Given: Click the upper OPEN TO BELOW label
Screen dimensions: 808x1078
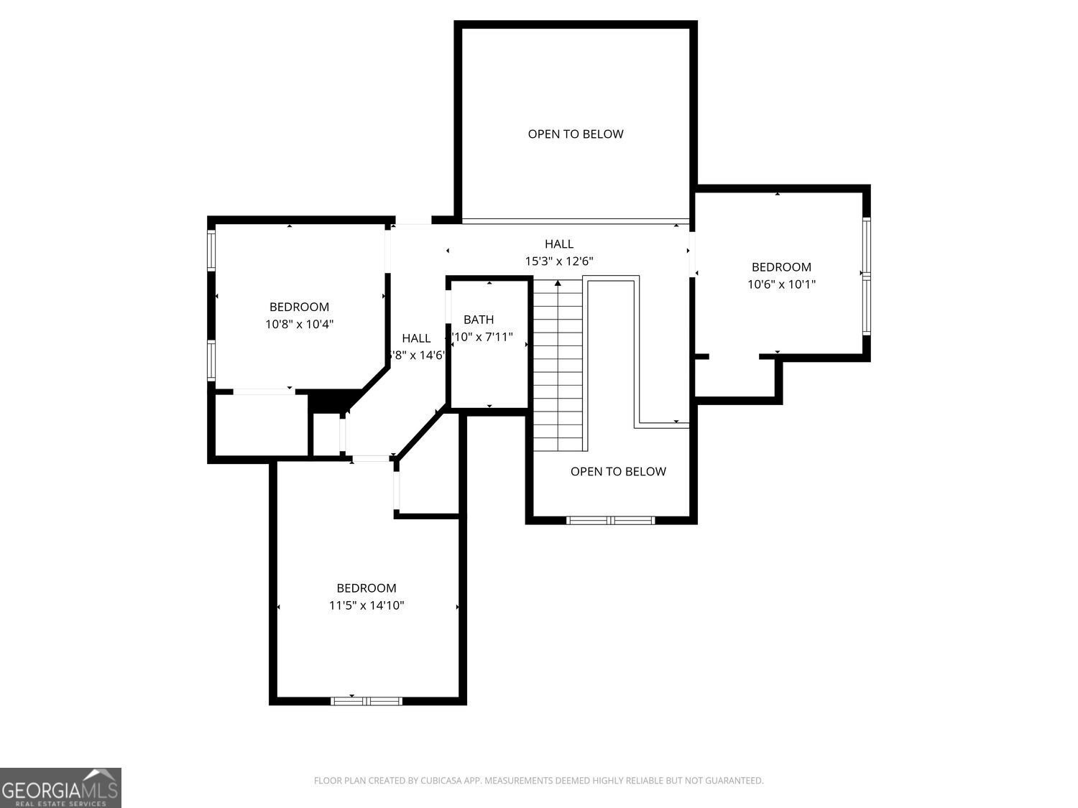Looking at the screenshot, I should click(576, 134).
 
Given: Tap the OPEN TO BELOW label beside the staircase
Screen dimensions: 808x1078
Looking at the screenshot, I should click(618, 472).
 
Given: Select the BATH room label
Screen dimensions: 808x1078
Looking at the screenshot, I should click(479, 320).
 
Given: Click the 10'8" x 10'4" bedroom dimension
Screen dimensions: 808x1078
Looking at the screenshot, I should click(299, 325).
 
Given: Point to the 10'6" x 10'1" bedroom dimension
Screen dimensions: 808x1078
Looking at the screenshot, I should click(781, 284).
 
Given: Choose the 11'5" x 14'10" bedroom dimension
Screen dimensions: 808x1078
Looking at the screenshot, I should click(367, 605).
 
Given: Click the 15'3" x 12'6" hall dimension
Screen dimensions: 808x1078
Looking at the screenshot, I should click(559, 261).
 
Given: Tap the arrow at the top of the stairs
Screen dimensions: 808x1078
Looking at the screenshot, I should click(558, 284).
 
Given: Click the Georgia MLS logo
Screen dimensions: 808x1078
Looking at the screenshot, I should click(60, 788).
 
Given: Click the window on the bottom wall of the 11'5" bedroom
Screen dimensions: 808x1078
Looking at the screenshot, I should click(367, 701).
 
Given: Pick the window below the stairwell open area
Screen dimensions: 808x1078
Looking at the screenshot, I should click(611, 520).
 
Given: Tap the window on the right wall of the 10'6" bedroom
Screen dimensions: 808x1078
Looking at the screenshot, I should click(867, 276).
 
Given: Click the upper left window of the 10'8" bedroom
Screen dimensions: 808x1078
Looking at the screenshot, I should click(211, 250).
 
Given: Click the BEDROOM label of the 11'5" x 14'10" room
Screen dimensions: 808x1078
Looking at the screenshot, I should click(367, 588).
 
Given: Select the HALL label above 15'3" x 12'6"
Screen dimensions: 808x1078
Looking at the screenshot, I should click(559, 244).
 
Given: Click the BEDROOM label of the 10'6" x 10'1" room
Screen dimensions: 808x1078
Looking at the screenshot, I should click(781, 267).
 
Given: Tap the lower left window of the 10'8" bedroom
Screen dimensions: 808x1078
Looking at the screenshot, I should click(211, 361).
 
